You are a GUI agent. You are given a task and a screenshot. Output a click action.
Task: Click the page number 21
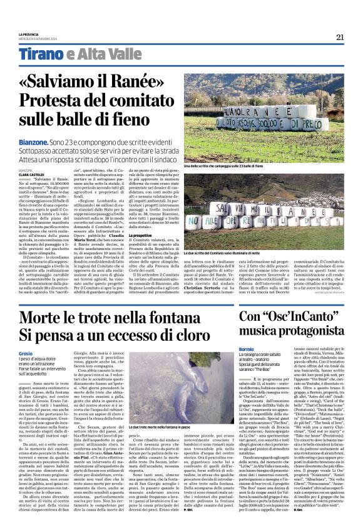(x=340, y=37)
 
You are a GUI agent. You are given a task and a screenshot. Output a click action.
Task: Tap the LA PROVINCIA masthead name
(x=29, y=34)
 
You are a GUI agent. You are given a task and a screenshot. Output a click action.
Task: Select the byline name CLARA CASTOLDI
(x=30, y=174)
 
